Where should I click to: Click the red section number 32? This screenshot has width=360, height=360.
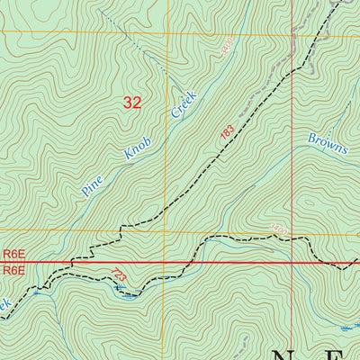pyautogui.click(x=131, y=103)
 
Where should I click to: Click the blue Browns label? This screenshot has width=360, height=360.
pyautogui.click(x=328, y=144)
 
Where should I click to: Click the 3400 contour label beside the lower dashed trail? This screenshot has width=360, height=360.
pyautogui.click(x=278, y=231)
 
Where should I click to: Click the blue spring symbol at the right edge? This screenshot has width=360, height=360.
pyautogui.click(x=354, y=326)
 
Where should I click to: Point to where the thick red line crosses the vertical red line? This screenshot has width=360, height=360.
pyautogui.click(x=293, y=263)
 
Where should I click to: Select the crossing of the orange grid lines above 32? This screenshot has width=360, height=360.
pyautogui.click(x=166, y=32)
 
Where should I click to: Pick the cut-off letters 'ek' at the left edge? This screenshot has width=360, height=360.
pyautogui.click(x=4, y=303)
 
